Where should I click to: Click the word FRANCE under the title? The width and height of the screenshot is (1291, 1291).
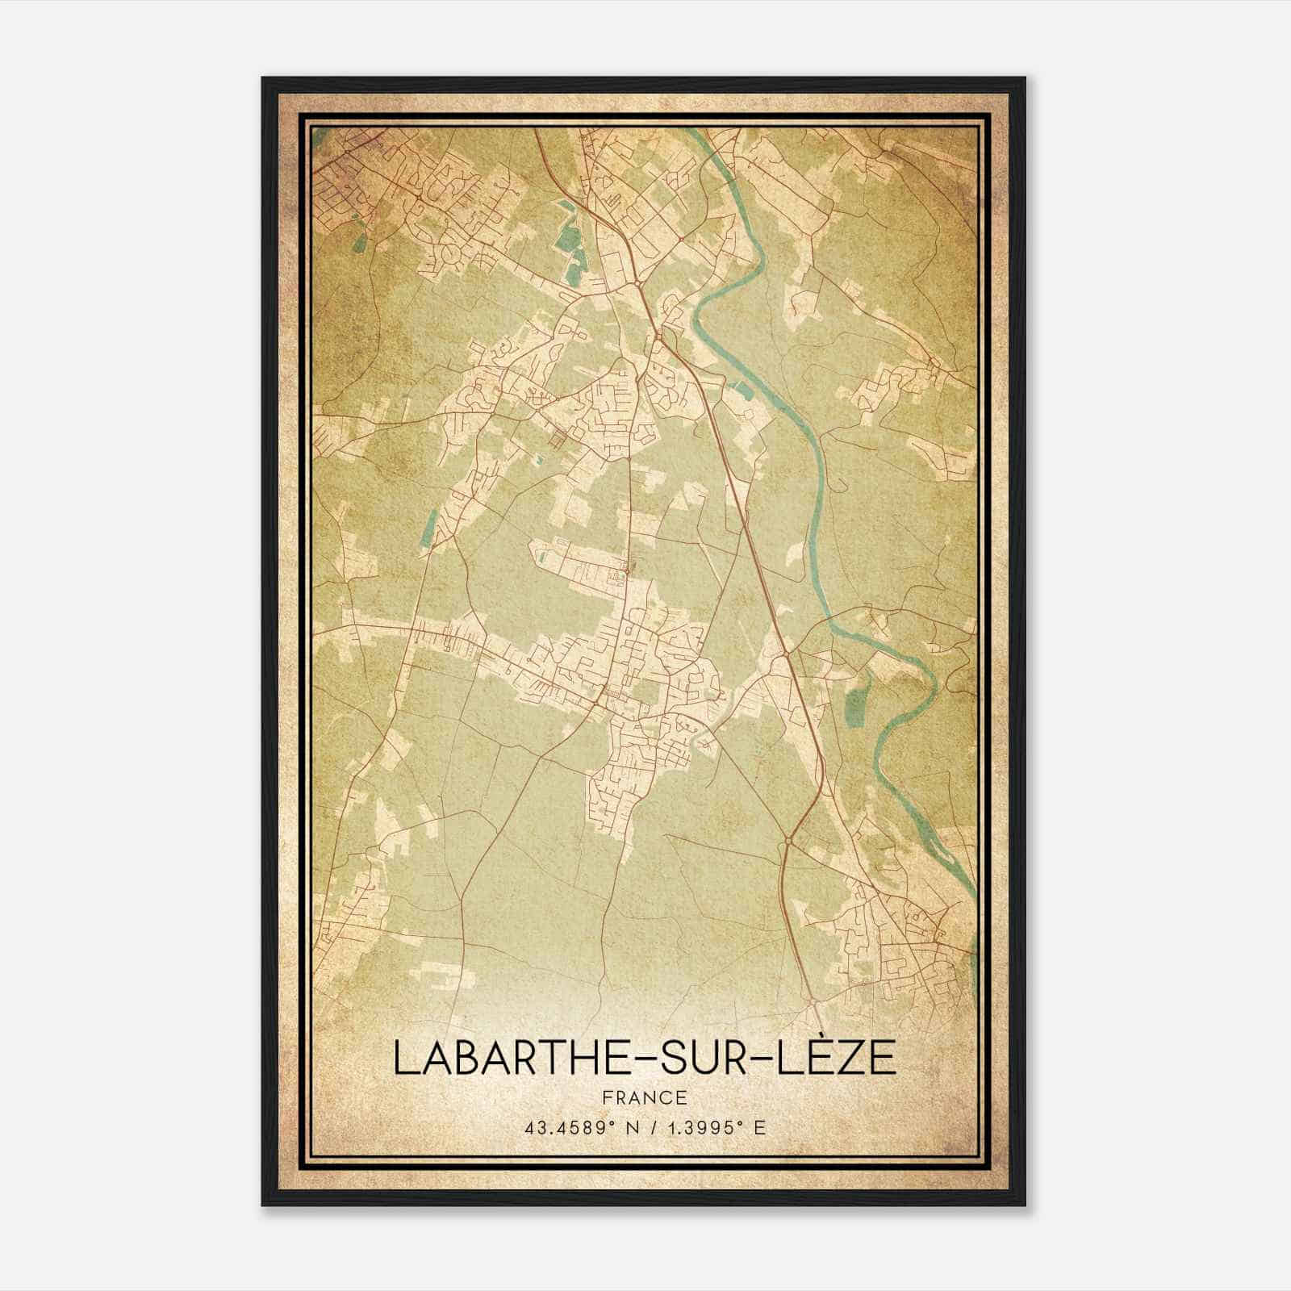point(645,1098)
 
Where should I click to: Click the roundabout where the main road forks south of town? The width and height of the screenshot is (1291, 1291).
point(787,841)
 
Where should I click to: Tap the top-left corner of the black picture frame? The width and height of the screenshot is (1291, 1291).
point(264,79)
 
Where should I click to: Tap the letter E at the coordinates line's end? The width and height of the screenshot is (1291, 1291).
point(758,1128)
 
